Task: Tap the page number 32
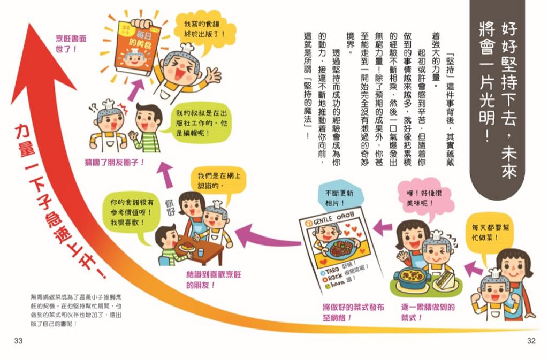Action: click(x=531, y=341)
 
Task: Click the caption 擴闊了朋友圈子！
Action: click(x=115, y=161)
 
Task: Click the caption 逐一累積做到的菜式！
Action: click(x=428, y=311)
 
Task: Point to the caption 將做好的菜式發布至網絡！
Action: click(x=346, y=311)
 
